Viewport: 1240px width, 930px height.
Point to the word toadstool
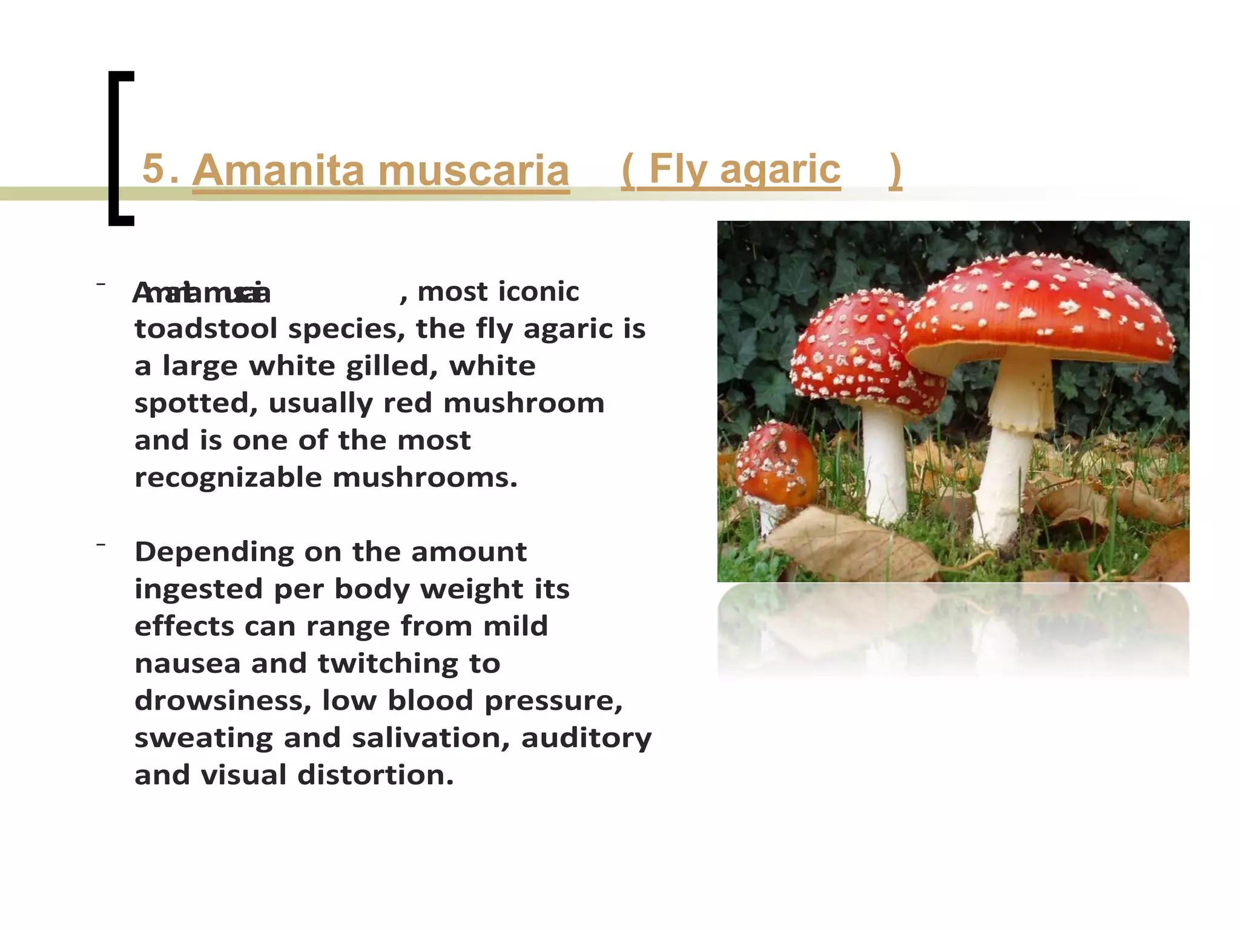coord(206,329)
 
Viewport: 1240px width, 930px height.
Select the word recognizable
coord(228,478)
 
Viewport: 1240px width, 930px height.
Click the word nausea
coord(188,664)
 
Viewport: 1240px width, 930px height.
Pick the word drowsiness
coord(223,701)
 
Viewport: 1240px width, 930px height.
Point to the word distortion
coord(375,775)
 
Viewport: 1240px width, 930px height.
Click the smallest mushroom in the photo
coord(777,466)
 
